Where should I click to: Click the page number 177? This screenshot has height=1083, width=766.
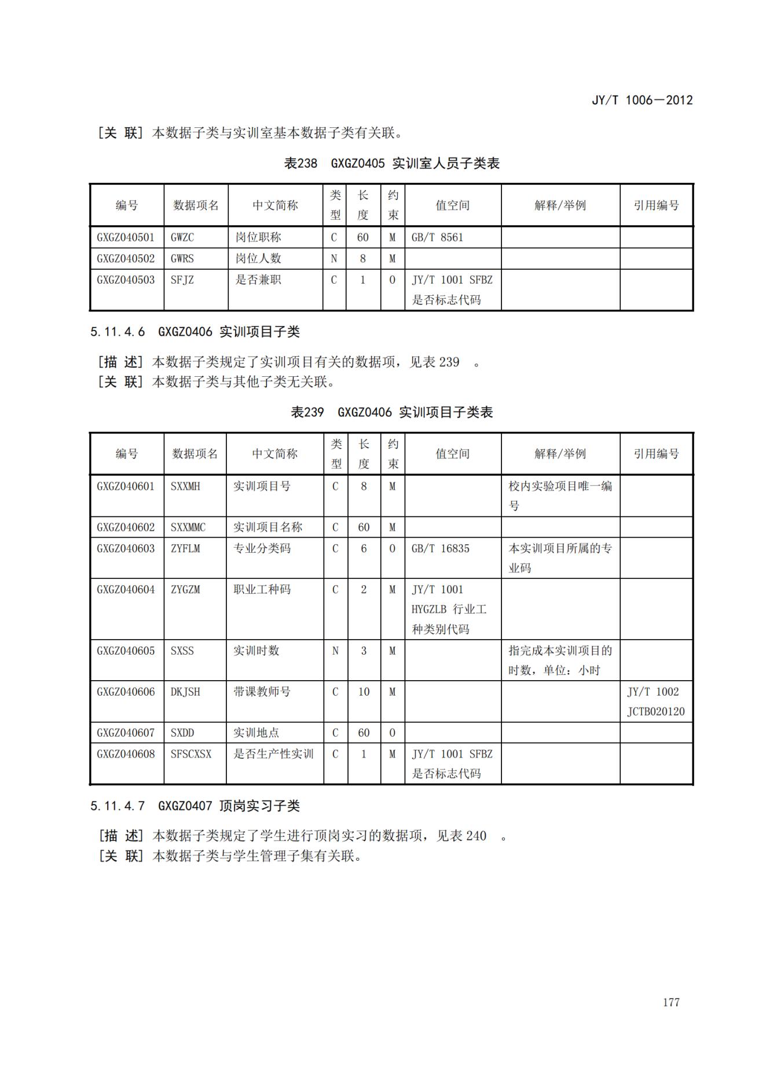coord(671,1002)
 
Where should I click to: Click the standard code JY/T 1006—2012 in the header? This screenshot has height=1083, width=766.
coord(642,100)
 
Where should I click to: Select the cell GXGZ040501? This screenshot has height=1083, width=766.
coord(126,237)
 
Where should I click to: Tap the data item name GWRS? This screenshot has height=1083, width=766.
coord(182,259)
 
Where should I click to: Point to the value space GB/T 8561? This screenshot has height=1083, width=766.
coord(437,237)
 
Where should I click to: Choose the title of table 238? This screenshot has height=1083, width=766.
coord(391,163)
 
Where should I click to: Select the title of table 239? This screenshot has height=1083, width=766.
coord(391,412)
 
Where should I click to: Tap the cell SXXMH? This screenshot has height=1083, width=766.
coord(185,486)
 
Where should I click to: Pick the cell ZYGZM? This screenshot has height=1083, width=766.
coord(185,589)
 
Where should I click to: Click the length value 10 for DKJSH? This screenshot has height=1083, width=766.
coord(364,692)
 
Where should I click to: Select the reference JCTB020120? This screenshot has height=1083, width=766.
coord(655,711)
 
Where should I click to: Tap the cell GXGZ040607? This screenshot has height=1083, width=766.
coord(126,733)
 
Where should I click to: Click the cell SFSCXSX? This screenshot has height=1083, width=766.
coord(191,754)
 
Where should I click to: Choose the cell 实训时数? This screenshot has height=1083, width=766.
coord(256,651)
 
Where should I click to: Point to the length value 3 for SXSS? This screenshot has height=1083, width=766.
coord(364,651)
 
